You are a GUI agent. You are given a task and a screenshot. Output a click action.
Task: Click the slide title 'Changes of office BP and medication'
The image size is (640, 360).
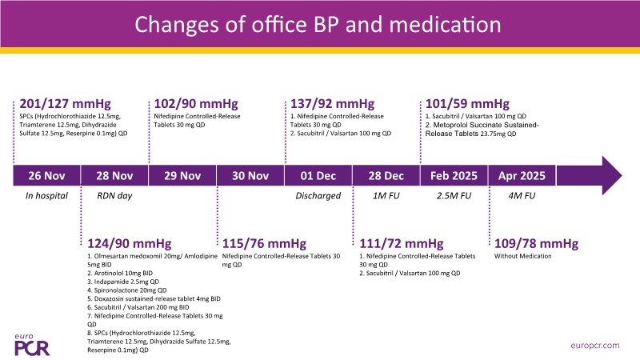[x=319, y=23]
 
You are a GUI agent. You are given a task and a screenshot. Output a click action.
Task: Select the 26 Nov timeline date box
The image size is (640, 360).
[x=46, y=176]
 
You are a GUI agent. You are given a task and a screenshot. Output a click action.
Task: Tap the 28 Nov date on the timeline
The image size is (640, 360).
[x=114, y=176]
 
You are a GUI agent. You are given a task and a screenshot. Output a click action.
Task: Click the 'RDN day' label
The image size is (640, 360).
[x=114, y=195]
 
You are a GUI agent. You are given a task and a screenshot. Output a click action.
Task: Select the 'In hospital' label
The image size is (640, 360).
[x=46, y=195]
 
